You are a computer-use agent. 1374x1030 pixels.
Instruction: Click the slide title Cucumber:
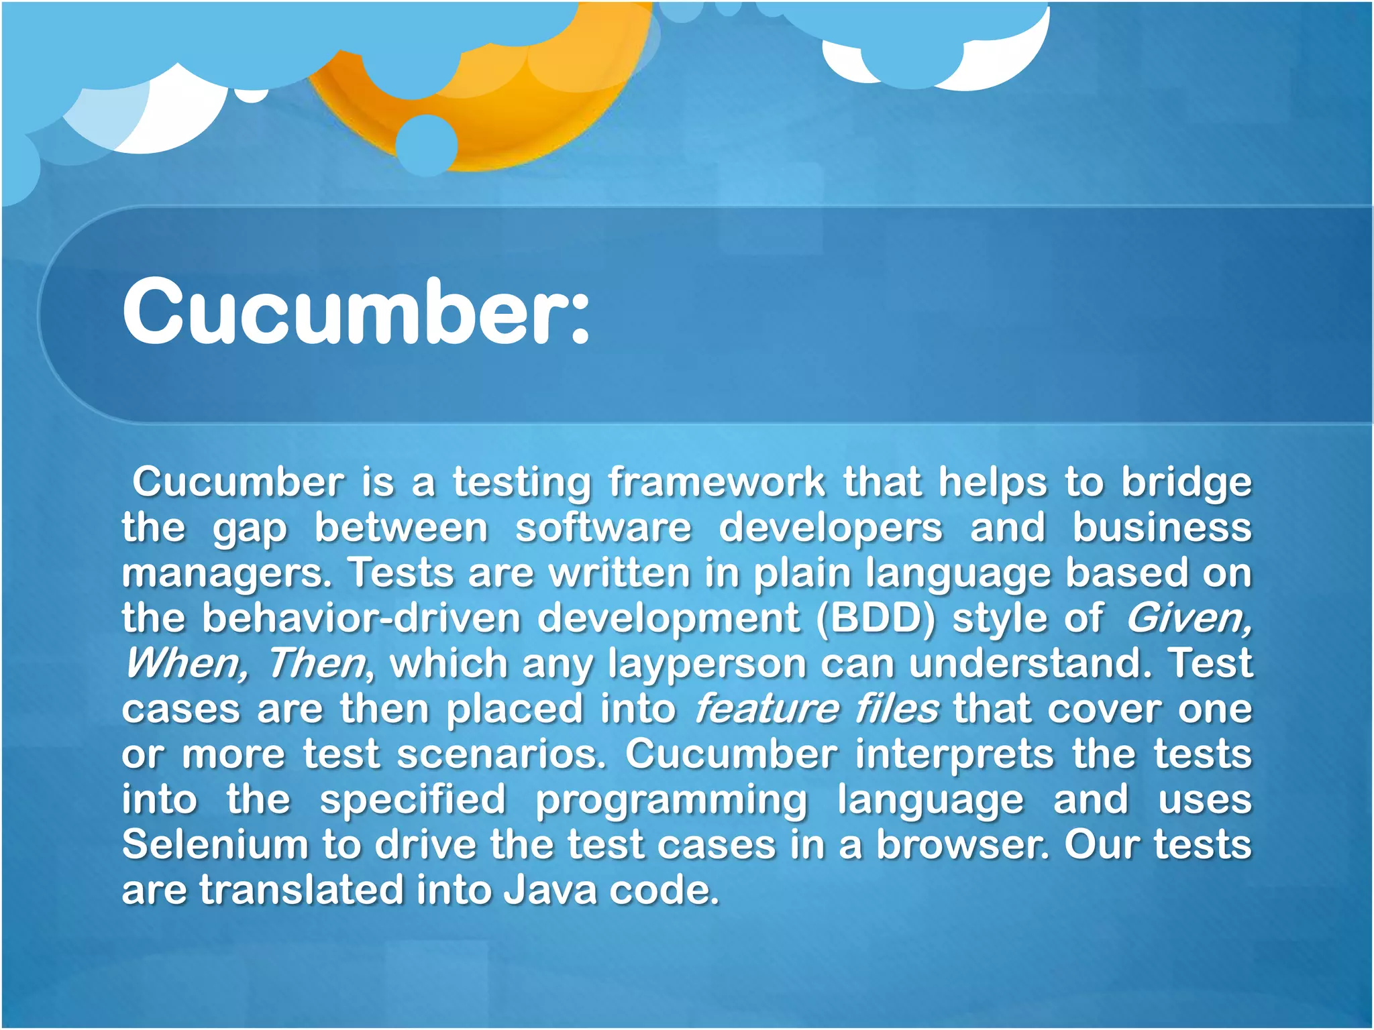[x=356, y=312]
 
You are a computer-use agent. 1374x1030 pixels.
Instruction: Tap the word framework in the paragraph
[x=717, y=483]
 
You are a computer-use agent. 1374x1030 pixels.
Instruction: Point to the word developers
[x=831, y=528]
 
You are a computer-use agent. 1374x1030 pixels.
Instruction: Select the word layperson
[x=707, y=664]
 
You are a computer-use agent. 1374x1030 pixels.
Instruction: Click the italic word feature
[x=765, y=709]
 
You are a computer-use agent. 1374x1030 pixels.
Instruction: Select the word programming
[x=672, y=800]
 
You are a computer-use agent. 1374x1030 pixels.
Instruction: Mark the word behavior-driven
[x=362, y=618]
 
